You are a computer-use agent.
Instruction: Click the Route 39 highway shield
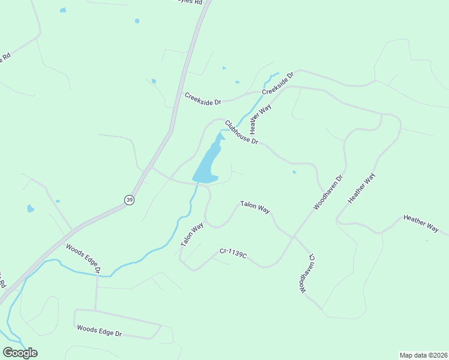(129, 200)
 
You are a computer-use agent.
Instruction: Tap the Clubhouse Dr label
(241, 133)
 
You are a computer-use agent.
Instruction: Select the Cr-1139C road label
(234, 254)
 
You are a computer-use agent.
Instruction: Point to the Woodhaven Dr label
(327, 193)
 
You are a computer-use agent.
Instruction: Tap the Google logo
(20, 353)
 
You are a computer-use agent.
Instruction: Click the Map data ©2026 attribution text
(423, 355)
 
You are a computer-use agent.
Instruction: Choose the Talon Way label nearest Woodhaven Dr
(255, 206)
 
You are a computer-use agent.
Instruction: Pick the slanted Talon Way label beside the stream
(192, 235)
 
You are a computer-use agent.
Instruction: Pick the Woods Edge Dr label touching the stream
(83, 256)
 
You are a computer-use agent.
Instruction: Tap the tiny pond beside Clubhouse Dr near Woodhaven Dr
(294, 172)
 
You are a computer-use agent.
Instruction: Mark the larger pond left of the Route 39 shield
(30, 209)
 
